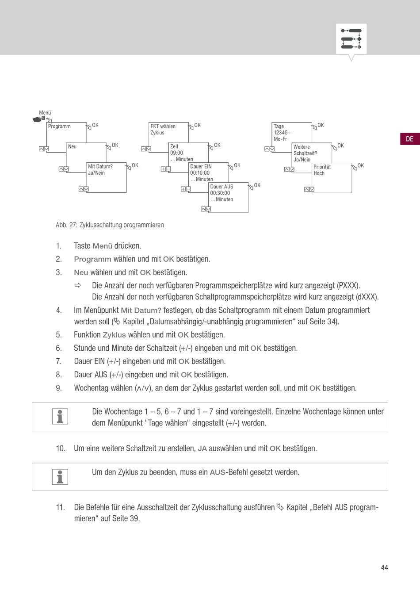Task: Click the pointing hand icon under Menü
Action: coord(39,119)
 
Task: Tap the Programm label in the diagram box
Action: coord(59,126)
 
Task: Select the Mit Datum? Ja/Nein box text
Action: coord(100,170)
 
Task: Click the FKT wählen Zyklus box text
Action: coord(163,130)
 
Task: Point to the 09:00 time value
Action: coord(176,153)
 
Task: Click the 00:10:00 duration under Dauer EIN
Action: coord(200,173)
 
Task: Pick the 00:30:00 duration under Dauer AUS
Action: coord(220,193)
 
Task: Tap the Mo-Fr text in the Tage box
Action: coord(280,139)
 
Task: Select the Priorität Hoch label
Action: coord(322,170)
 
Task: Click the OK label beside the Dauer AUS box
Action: coord(257,185)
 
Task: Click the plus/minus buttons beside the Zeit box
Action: coord(166,169)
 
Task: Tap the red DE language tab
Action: coord(410,139)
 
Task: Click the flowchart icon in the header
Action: coord(351,39)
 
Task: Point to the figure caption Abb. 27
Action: coord(110,225)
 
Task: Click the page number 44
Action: coord(385,567)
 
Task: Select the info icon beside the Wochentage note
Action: coord(60,416)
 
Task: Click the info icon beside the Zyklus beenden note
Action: coord(60,477)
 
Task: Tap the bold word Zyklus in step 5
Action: coord(114,335)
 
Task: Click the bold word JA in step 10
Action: coord(202,448)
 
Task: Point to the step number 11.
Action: coord(61,507)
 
